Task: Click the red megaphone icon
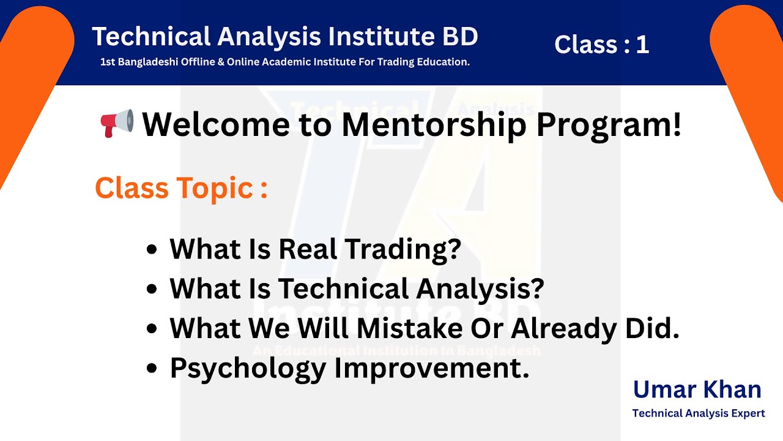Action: (x=116, y=123)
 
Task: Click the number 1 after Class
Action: (x=642, y=45)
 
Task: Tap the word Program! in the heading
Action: (x=609, y=124)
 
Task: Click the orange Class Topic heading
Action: (x=181, y=188)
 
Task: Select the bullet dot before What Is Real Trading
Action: (x=152, y=250)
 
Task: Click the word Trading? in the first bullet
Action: (x=402, y=249)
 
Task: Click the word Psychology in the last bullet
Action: (x=248, y=368)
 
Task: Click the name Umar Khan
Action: (x=697, y=390)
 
